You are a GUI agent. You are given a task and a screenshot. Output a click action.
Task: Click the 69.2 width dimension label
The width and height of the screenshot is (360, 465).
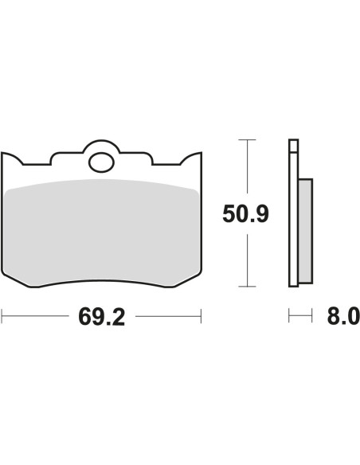[x=101, y=317]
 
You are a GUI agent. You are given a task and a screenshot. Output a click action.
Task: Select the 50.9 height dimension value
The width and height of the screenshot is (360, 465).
[x=245, y=213]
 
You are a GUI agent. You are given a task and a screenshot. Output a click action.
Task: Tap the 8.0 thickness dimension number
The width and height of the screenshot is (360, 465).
[x=343, y=316]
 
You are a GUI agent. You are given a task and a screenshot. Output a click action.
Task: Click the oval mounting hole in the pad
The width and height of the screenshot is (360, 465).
[x=101, y=162]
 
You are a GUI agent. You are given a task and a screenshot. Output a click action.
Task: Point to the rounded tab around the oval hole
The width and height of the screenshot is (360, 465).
[x=101, y=145]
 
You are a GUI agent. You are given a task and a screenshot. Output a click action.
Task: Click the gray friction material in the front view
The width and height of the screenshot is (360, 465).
[x=102, y=231]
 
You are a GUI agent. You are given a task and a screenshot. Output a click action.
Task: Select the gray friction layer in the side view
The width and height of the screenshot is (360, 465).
[x=305, y=231]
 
